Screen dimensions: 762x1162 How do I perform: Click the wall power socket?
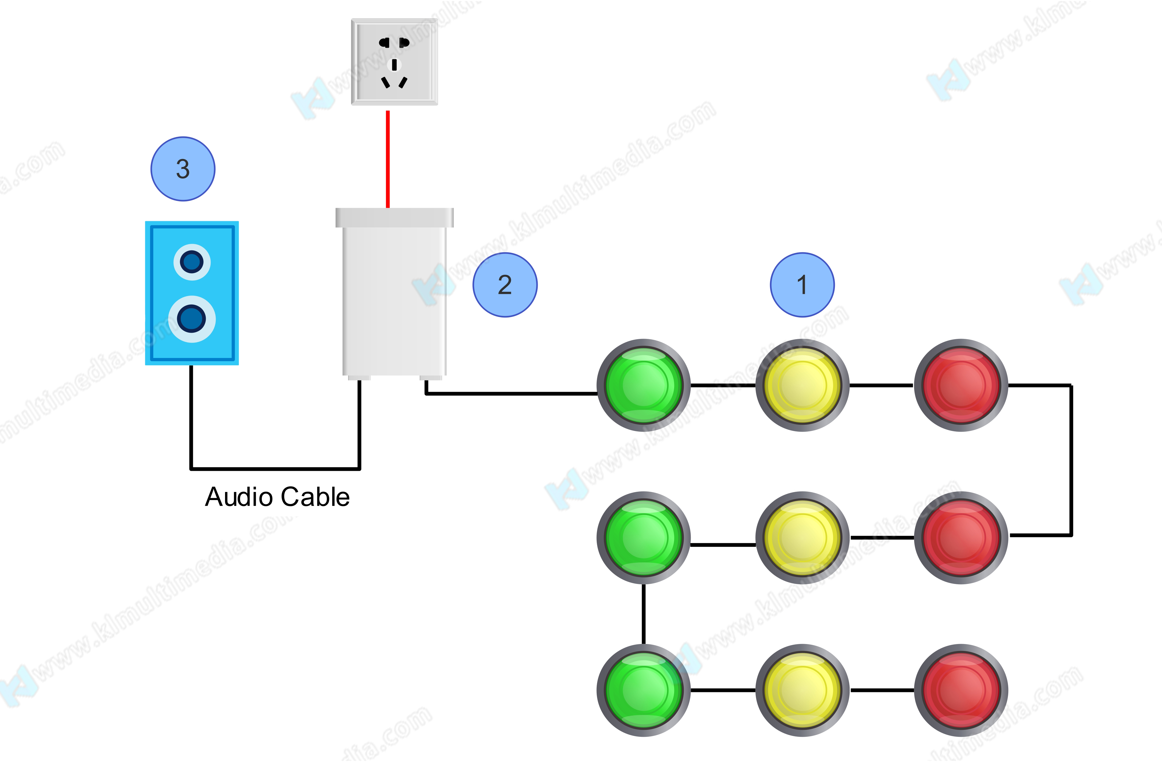(394, 62)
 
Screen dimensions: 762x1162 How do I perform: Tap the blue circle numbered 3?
(183, 169)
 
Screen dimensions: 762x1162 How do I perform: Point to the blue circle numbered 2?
(505, 285)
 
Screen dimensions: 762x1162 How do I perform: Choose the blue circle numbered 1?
(802, 285)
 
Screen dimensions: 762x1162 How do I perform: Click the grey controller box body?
(394, 298)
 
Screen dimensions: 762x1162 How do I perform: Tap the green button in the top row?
(644, 385)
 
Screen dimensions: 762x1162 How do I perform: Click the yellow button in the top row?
(802, 385)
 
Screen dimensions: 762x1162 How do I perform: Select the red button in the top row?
(961, 385)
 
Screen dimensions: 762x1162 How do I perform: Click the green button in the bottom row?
(644, 690)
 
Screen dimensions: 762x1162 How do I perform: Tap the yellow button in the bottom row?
(802, 690)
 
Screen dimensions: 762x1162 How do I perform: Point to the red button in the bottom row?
(961, 690)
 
